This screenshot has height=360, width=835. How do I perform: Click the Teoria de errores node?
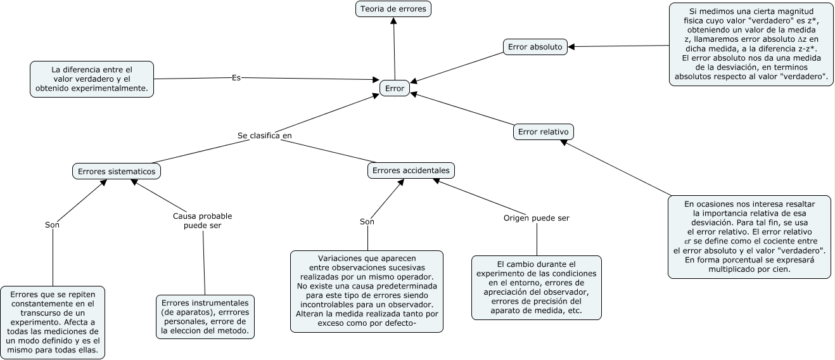[x=394, y=9]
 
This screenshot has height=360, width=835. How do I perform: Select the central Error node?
[x=394, y=89]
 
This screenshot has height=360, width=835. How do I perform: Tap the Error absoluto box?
[x=535, y=46]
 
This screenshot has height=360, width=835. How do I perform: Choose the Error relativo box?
[x=543, y=132]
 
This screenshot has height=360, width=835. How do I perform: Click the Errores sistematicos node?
[x=117, y=171]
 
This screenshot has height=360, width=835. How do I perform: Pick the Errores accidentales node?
[x=411, y=170]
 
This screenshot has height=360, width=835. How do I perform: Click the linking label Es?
[x=236, y=77]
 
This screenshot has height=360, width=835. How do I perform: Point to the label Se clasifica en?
[x=265, y=136]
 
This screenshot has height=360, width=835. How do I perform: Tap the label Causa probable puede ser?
[x=203, y=221]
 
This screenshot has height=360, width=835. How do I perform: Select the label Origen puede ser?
[x=537, y=218]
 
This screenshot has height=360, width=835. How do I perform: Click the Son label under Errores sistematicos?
[x=53, y=224]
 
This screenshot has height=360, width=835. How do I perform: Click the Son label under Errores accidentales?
[x=367, y=222]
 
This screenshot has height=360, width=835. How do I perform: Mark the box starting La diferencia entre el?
[x=92, y=79]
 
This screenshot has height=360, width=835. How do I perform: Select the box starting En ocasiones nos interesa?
[x=749, y=236]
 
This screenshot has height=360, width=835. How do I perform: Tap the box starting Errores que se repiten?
[x=53, y=322]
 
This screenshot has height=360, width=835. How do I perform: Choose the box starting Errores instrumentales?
[x=205, y=317]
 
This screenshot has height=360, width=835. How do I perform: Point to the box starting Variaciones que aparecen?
[x=367, y=292]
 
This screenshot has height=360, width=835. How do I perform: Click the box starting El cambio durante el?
[x=537, y=287]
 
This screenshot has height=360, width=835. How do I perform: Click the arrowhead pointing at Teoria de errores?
[x=393, y=21]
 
